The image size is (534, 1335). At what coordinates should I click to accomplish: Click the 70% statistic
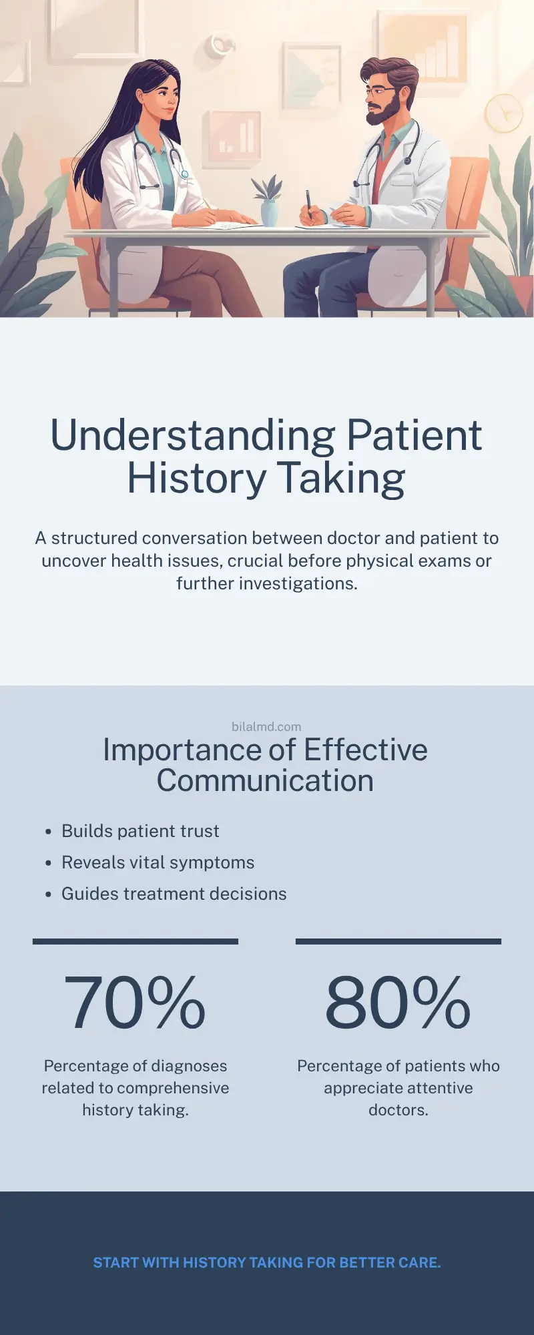[x=135, y=1003]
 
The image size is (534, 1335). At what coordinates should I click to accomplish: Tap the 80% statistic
[x=398, y=1003]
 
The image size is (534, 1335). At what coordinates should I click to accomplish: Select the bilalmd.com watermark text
[x=266, y=726]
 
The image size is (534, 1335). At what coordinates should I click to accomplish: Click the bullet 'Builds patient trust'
[x=140, y=831]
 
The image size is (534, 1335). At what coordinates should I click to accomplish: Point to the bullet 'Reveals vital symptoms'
[x=158, y=862]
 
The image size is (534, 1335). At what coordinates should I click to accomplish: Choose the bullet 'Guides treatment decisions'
[x=174, y=894]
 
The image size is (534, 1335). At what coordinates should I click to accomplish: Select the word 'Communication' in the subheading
[x=265, y=781]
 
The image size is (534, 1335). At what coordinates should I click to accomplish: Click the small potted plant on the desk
[x=268, y=200]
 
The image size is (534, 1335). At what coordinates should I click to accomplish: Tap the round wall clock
[x=503, y=113]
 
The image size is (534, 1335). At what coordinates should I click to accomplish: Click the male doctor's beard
[x=384, y=113]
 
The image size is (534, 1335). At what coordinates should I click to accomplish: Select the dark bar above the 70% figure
[x=136, y=941]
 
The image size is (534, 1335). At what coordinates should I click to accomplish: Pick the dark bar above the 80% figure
[x=398, y=941]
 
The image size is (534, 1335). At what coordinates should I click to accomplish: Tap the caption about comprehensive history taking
[x=136, y=1087]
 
